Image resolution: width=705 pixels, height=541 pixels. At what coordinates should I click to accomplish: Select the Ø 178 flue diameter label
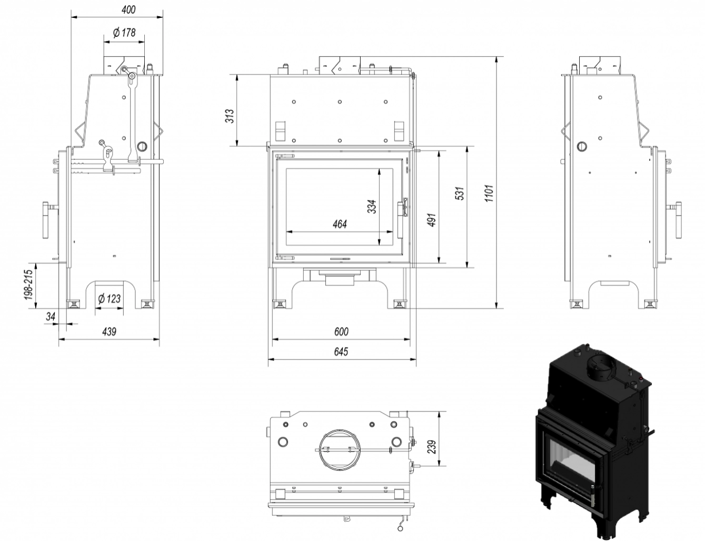tap(124, 33)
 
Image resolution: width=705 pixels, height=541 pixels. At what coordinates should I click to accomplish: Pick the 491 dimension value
tap(431, 219)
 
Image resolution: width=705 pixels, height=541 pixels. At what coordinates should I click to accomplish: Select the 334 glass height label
tap(371, 206)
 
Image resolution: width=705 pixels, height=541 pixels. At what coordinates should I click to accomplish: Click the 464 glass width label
tap(340, 224)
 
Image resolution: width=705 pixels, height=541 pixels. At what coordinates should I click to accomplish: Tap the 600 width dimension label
tap(341, 332)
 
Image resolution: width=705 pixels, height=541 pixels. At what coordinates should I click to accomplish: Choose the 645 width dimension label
tap(341, 352)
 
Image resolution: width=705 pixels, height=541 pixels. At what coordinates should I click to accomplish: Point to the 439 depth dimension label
tap(108, 331)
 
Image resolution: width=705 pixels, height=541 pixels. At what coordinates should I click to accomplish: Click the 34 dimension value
tap(51, 316)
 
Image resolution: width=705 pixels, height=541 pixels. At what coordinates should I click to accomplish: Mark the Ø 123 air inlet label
tap(110, 299)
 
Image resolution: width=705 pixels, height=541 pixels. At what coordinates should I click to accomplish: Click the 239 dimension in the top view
tap(432, 446)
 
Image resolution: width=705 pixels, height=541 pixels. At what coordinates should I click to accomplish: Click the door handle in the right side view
tap(678, 217)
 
